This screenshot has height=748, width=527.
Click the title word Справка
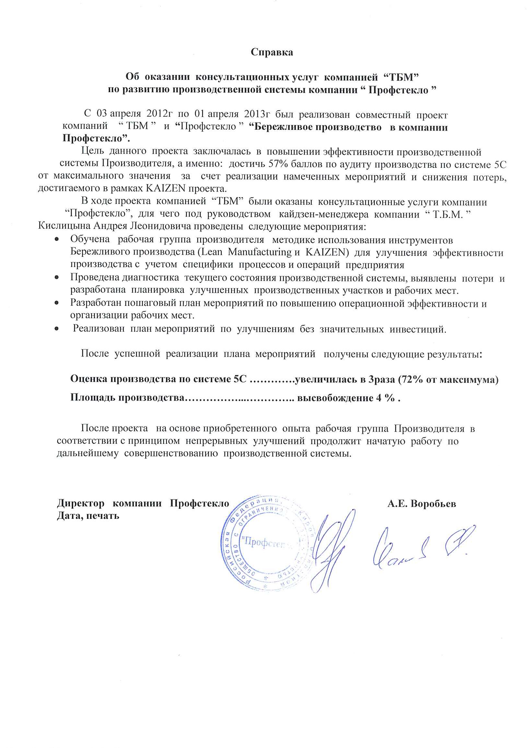(x=272, y=52)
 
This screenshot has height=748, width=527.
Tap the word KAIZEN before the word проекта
(x=166, y=188)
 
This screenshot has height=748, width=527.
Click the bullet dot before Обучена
(x=57, y=240)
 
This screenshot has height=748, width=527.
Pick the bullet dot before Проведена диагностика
(x=57, y=278)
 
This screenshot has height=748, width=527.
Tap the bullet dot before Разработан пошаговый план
(x=57, y=303)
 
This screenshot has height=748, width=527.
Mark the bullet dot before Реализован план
(x=57, y=329)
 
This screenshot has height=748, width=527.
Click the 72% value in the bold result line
(x=413, y=379)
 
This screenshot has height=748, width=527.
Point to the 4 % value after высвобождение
(x=385, y=398)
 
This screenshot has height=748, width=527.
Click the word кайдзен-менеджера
(x=323, y=214)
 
